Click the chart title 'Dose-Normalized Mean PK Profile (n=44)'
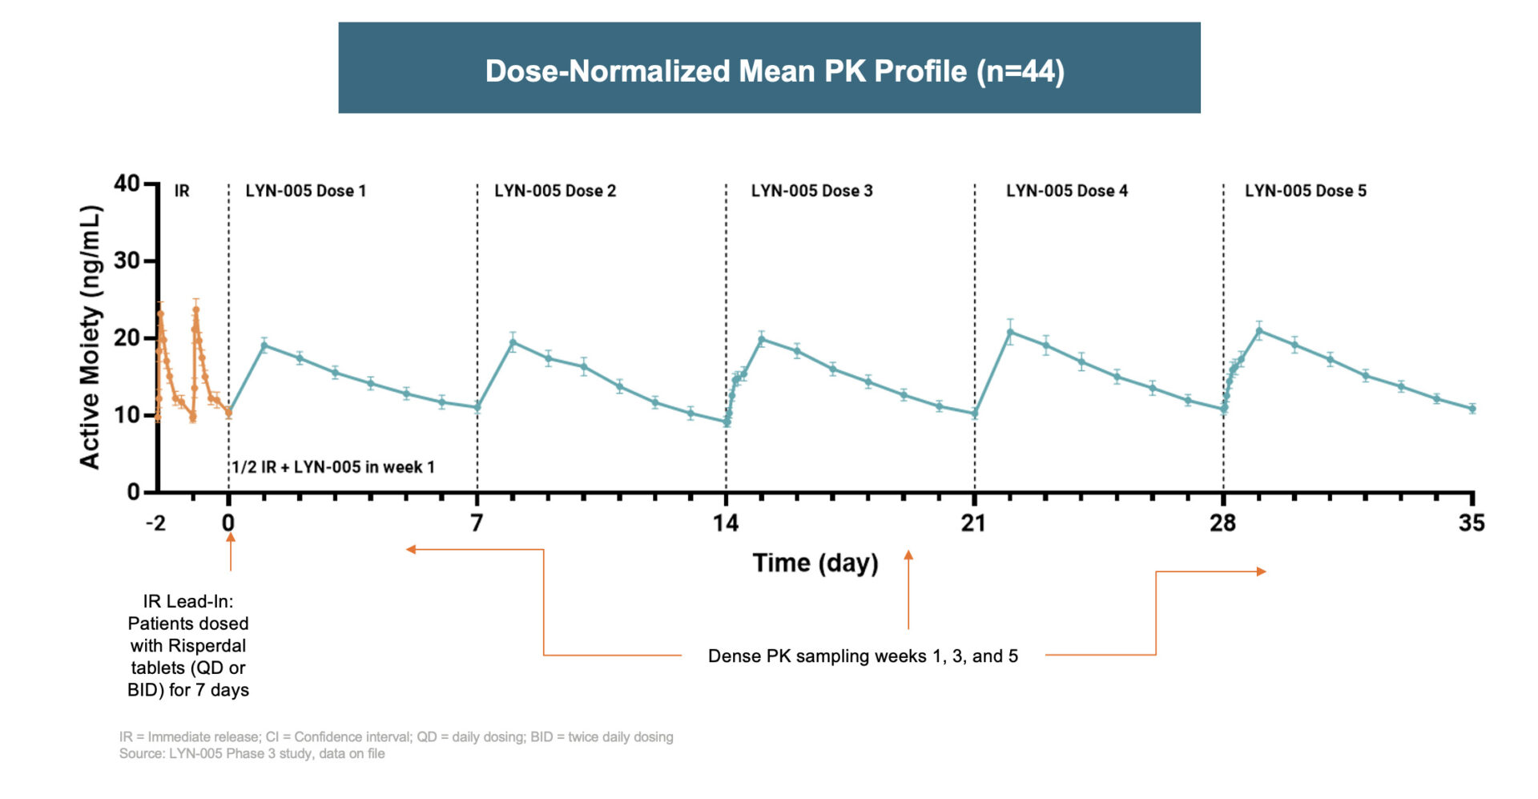tap(774, 71)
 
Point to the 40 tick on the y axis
tap(127, 184)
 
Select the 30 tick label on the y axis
tap(127, 260)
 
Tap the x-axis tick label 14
tap(726, 523)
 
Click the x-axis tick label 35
tap(1472, 523)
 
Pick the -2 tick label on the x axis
tap(155, 523)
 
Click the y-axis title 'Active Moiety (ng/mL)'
tap(91, 337)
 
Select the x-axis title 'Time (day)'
tap(815, 563)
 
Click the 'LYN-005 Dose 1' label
tap(305, 191)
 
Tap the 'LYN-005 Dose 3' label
tap(811, 191)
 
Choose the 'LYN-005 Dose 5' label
tap(1305, 191)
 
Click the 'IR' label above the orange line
tap(182, 191)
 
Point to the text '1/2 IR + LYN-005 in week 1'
tap(333, 466)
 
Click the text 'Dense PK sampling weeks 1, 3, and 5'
tap(863, 656)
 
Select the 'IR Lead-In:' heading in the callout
tap(188, 601)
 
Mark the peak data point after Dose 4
tap(1010, 332)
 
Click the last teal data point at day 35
tap(1472, 409)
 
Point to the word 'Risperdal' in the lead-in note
tap(209, 646)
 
